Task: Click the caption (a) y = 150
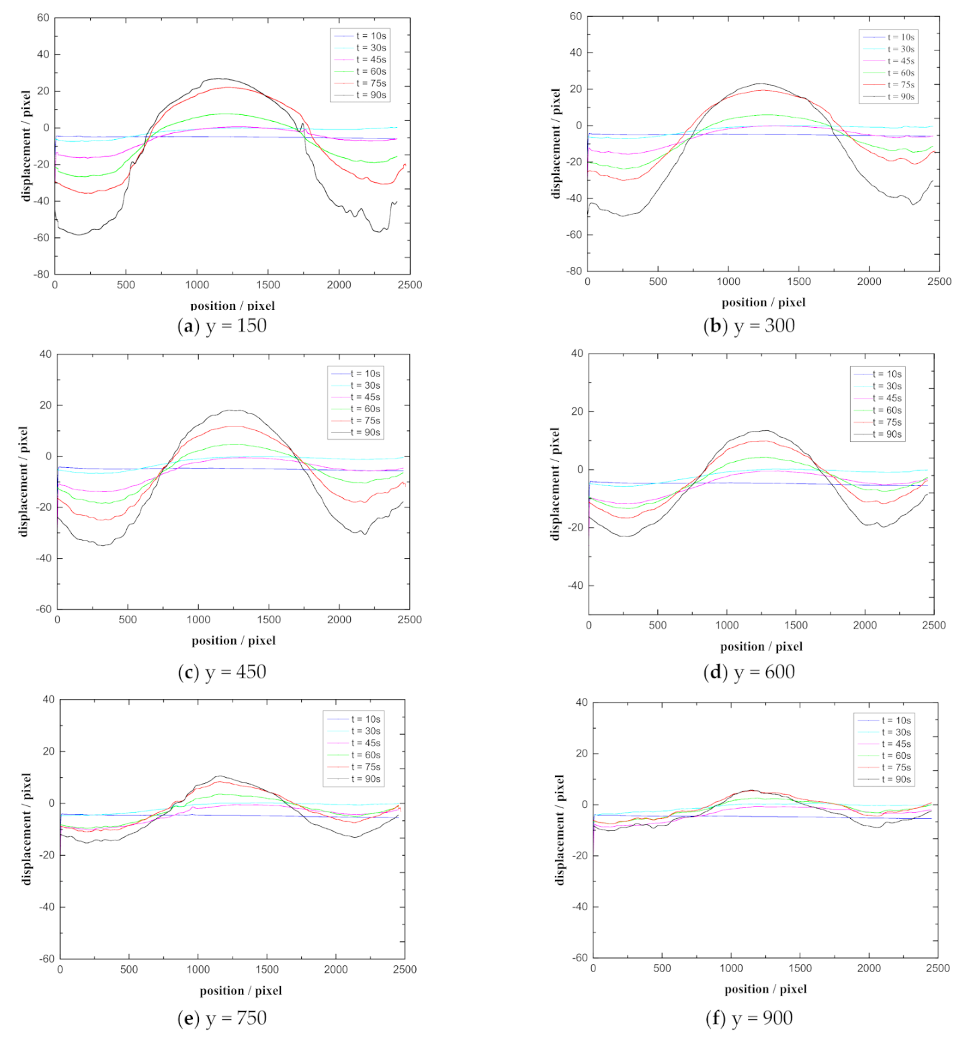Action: click(x=222, y=326)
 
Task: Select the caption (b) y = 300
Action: click(x=749, y=326)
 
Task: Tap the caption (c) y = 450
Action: click(x=222, y=672)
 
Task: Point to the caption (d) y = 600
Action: click(x=749, y=672)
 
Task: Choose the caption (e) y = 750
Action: click(x=222, y=1018)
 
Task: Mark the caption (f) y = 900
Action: click(x=749, y=1018)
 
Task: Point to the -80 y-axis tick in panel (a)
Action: click(x=42, y=274)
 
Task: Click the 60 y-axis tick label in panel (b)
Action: click(x=575, y=16)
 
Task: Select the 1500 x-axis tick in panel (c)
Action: click(x=269, y=619)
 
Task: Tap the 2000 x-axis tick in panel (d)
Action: click(x=865, y=625)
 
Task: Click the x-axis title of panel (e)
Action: click(x=241, y=990)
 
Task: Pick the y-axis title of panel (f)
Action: click(x=560, y=830)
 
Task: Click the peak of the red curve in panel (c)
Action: click(x=233, y=426)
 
